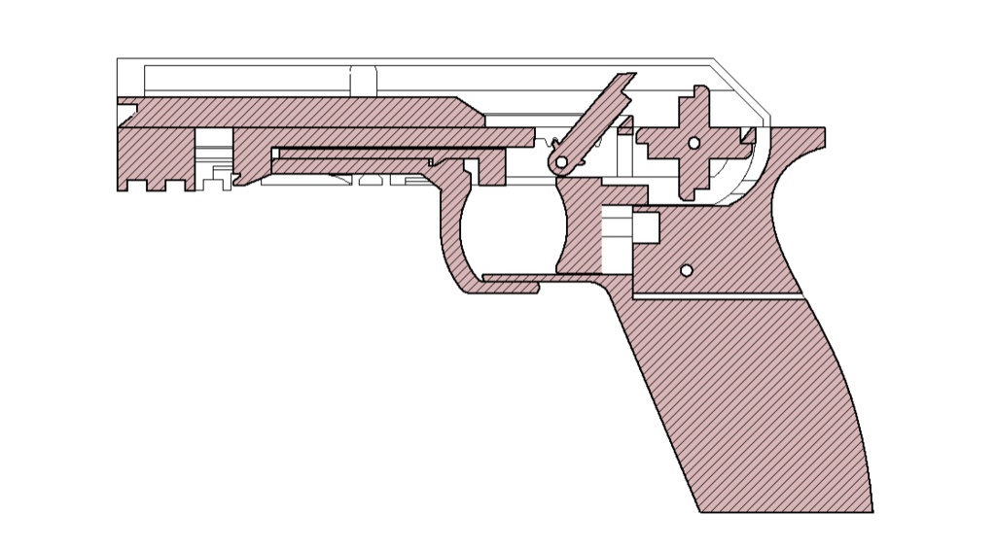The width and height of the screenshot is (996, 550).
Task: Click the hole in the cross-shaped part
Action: (694, 143)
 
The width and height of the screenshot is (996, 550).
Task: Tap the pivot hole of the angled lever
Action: (561, 161)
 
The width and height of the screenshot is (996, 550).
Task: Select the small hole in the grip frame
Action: (686, 269)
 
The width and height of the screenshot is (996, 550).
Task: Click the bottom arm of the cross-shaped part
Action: (693, 189)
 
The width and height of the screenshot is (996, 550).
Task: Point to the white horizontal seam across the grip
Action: (720, 295)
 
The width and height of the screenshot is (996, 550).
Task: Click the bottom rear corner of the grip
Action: (871, 511)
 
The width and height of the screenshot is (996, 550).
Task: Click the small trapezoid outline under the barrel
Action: (371, 181)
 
